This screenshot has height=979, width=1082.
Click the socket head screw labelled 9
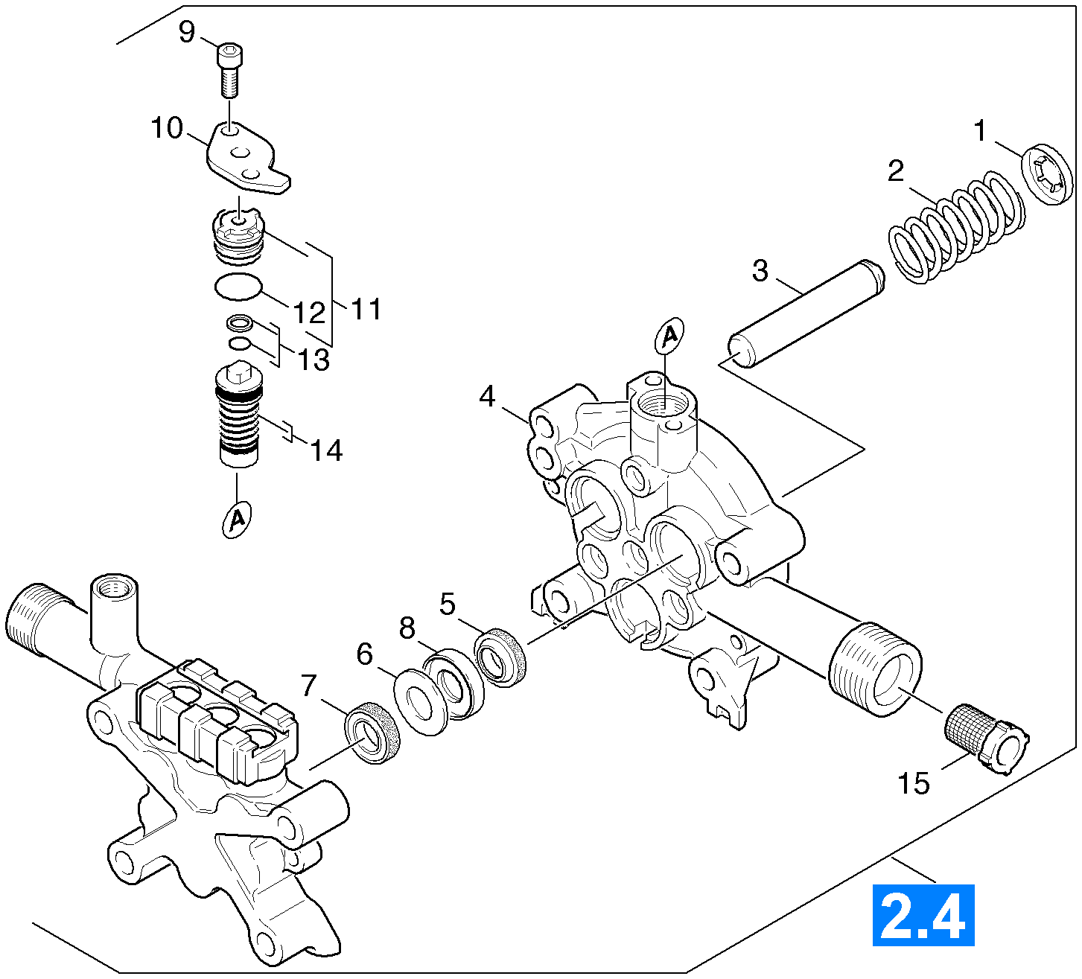point(230,70)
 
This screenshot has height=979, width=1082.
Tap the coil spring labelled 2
point(956,226)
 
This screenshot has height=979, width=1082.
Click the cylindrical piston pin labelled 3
point(806,314)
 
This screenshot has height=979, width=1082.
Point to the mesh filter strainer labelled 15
point(987,739)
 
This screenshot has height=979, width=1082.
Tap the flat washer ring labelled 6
point(421,702)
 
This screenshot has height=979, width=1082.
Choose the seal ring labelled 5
point(500,657)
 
